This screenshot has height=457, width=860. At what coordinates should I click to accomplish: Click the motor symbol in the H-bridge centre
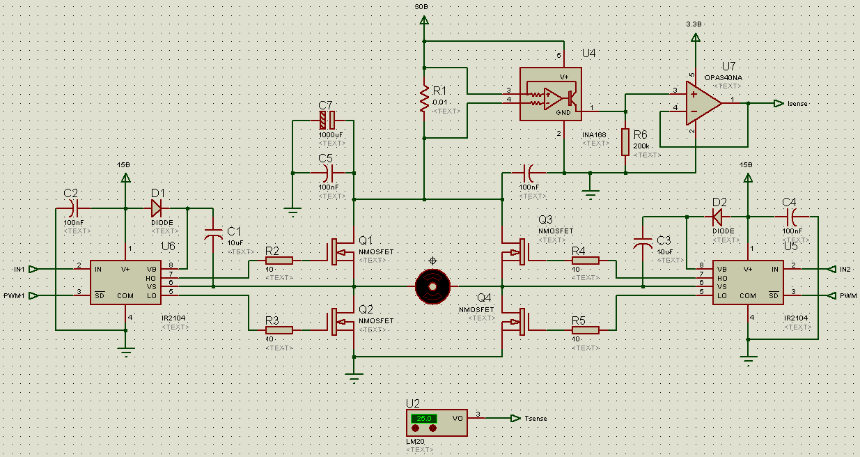click(x=432, y=286)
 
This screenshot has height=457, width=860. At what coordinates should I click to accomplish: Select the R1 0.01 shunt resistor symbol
click(x=423, y=99)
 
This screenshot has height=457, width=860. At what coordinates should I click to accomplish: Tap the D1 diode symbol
click(x=156, y=208)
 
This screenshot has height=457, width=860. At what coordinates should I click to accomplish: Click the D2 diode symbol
click(x=718, y=217)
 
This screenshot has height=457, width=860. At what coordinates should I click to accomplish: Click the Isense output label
click(x=797, y=103)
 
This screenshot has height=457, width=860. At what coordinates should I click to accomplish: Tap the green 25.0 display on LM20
click(x=422, y=418)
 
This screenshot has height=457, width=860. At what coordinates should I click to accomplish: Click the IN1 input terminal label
click(x=19, y=269)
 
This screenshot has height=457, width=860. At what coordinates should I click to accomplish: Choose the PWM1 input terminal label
click(x=15, y=295)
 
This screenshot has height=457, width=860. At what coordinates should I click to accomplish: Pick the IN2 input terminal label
click(x=845, y=269)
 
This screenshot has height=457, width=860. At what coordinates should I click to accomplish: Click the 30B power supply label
click(x=421, y=6)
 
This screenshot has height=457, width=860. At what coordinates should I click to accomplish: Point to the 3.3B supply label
click(x=694, y=24)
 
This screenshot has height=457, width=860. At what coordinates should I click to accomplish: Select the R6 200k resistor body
click(x=626, y=142)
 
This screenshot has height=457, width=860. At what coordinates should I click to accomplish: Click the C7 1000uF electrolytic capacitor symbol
click(x=327, y=121)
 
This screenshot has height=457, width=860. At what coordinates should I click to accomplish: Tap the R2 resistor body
click(x=279, y=261)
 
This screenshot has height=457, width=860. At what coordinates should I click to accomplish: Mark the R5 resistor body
click(x=585, y=330)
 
